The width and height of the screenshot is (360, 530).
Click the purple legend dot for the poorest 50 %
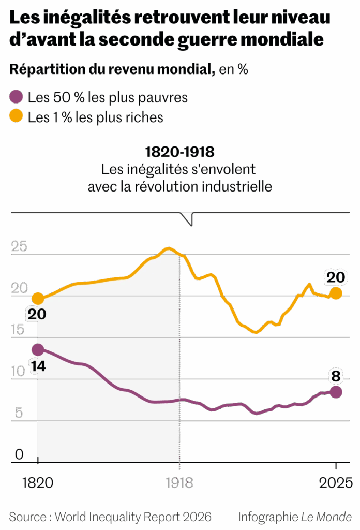[17, 97]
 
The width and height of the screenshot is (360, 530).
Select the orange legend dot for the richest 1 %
[17, 117]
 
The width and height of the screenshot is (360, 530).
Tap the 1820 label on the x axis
[37, 483]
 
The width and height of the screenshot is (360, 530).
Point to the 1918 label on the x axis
[179, 483]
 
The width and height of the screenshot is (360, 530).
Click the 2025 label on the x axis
[336, 483]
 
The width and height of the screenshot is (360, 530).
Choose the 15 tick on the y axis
[19, 329]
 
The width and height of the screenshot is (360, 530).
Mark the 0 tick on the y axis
[19, 454]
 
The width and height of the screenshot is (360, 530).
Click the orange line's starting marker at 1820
[38, 298]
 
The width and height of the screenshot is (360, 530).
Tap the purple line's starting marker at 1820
[38, 349]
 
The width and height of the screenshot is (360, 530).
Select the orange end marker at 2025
[336, 293]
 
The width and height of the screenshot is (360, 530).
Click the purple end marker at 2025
[336, 392]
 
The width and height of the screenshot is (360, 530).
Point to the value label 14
[38, 366]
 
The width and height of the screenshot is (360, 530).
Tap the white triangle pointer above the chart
[187, 218]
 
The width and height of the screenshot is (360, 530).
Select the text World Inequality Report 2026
[133, 516]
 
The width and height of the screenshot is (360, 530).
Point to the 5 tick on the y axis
[20, 413]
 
